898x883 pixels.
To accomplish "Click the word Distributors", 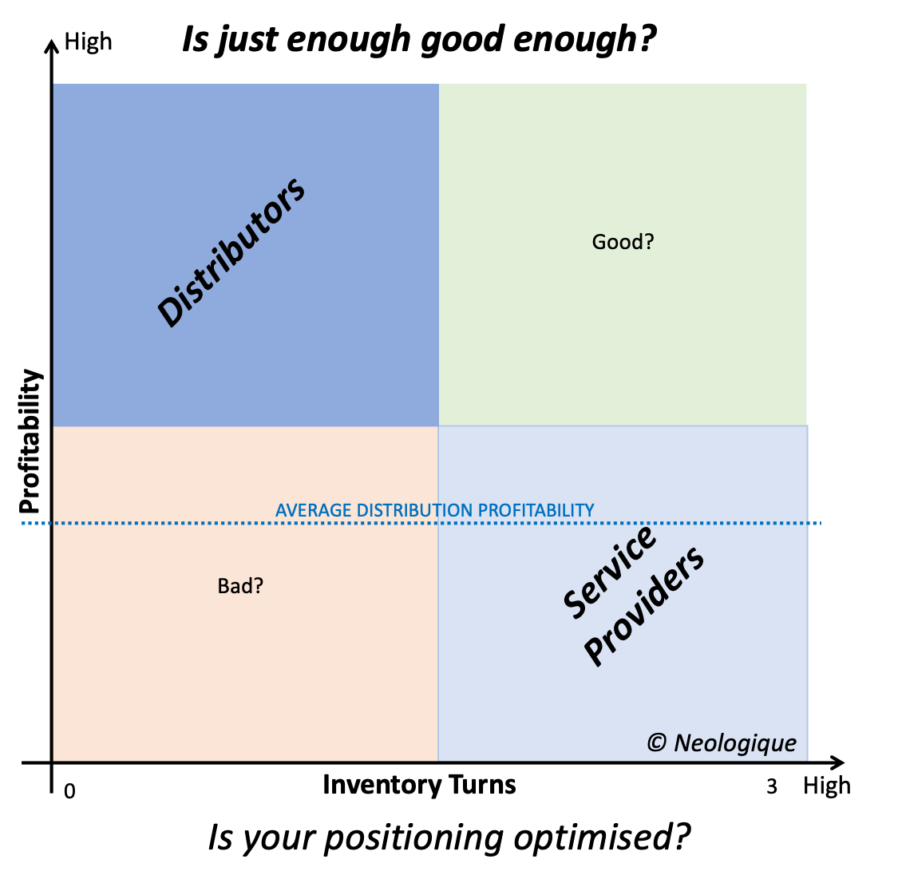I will click(231, 251).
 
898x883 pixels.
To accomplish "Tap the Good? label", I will click(623, 242).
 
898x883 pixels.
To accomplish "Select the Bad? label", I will click(240, 586).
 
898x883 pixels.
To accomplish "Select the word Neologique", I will click(735, 743).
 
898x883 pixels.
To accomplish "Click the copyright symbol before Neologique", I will click(657, 743).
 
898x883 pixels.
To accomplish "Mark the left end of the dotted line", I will click(24, 524).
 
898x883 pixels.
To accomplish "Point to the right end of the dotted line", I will click(819, 524).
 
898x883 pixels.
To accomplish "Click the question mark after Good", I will click(649, 242).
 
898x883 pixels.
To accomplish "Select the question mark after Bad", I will click(259, 586).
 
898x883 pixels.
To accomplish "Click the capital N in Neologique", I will click(683, 743).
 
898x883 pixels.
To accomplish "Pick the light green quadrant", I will click(623, 335).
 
